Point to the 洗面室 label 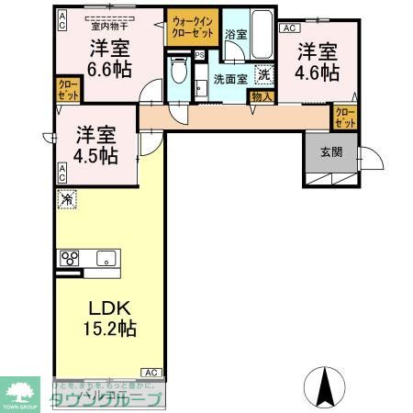point(229,79)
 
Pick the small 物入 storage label point(261,95)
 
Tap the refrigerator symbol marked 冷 point(67,197)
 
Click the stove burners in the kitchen point(69,258)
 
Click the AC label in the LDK point(151,372)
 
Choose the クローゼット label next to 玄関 point(343,117)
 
